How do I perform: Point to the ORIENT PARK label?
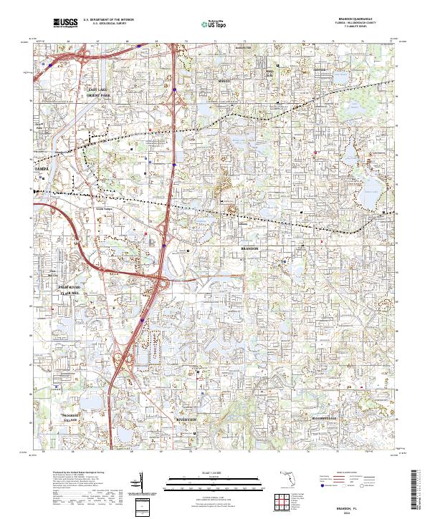(99, 94)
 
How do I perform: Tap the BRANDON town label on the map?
(254, 248)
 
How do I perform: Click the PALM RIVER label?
(69, 286)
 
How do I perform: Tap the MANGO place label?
(224, 82)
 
